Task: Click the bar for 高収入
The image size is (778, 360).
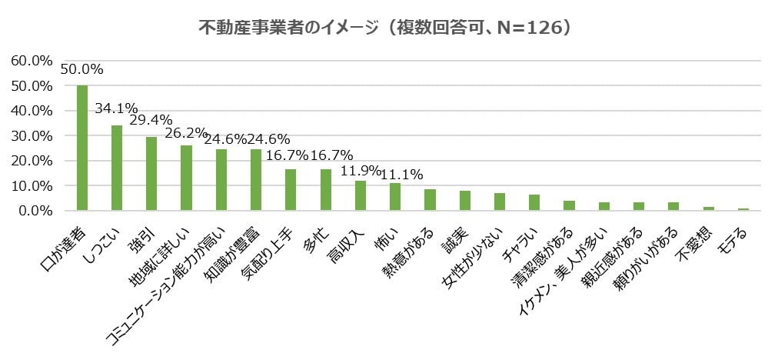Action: coord(360,195)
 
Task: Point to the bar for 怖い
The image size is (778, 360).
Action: coord(395,196)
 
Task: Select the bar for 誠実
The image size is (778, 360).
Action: coord(464,200)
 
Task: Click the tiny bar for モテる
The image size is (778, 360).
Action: coord(743,209)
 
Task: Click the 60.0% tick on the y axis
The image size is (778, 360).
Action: coord(31,60)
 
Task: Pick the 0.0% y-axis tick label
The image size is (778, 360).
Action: coord(34,210)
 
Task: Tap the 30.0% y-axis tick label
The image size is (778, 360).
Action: coord(31,135)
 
